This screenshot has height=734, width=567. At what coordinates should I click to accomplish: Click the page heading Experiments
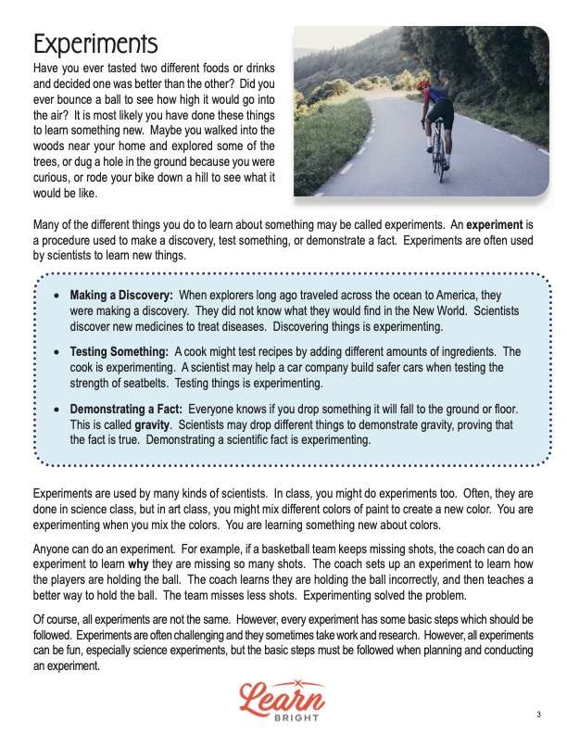95,44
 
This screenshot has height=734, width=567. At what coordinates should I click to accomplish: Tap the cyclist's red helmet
424,83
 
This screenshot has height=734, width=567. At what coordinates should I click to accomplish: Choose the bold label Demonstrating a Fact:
128,410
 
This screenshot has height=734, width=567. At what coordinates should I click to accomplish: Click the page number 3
538,714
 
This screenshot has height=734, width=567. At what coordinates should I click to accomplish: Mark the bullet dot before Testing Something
58,353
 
